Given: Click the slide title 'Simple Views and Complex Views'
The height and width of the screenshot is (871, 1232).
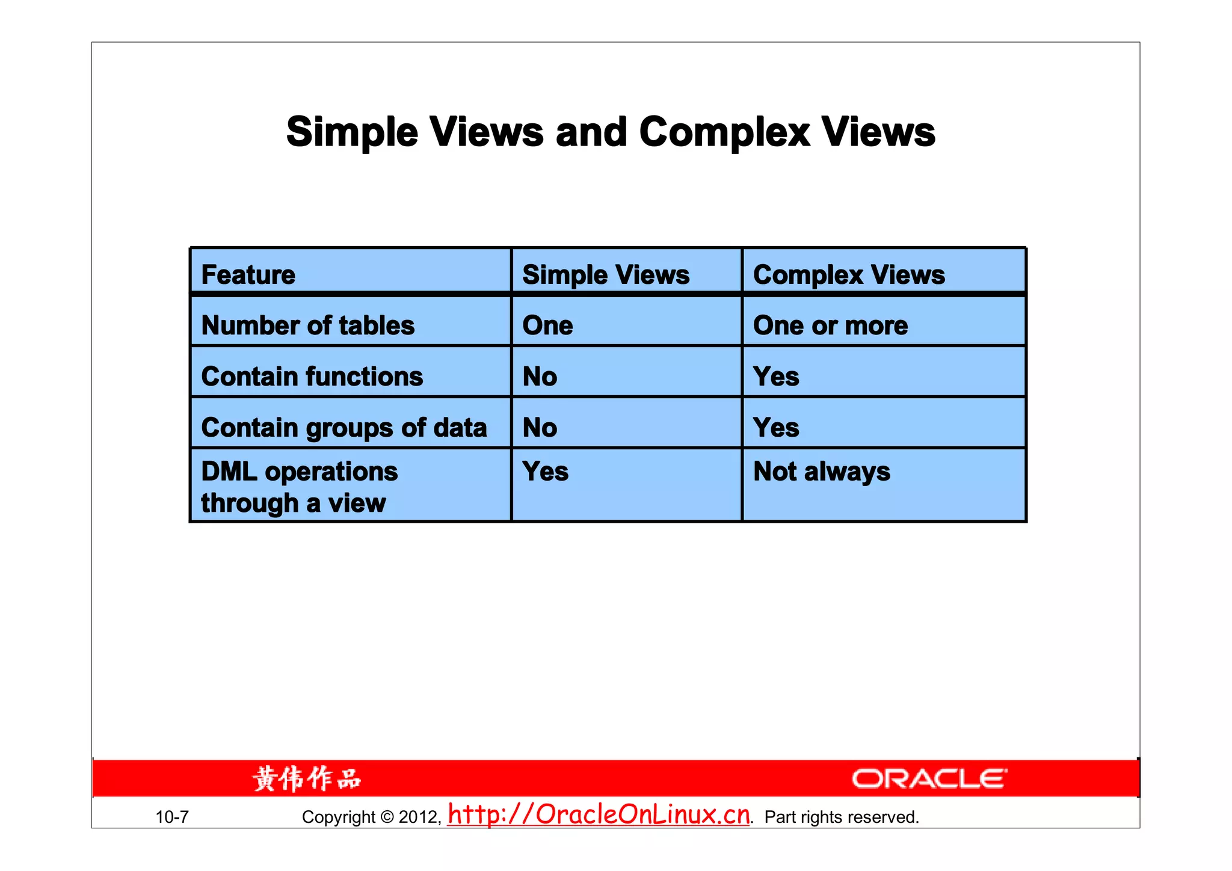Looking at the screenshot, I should pos(611,132).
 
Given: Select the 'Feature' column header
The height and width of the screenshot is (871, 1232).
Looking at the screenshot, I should pos(248,275).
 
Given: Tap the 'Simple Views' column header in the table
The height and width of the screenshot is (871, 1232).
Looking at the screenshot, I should pos(606,275).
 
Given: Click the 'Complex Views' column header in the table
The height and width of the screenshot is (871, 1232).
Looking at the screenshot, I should pos(849,275).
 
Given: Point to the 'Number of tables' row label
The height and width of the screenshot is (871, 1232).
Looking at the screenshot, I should pos(308,325).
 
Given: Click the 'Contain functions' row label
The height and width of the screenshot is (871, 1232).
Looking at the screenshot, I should pos(312,377).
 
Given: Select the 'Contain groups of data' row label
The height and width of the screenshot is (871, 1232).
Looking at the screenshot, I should pos(344,428).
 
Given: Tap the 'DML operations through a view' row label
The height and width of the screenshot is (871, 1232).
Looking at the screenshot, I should pos(299,487).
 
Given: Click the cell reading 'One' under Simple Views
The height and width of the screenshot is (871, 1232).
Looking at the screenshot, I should pos(547,325).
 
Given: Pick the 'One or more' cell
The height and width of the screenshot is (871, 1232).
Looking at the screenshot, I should pos(830,325).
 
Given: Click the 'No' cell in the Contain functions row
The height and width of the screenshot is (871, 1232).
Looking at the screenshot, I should pos(540,377).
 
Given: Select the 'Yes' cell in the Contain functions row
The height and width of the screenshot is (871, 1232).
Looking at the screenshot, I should pos(776,377).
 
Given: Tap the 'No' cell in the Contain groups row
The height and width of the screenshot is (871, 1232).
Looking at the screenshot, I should pos(540,428).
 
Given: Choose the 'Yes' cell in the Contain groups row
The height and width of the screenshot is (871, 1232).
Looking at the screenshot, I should pos(776,428).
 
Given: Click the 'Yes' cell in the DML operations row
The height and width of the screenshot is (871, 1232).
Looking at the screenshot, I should pos(545,472).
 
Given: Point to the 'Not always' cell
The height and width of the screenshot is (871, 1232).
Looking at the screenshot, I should pos(822,472).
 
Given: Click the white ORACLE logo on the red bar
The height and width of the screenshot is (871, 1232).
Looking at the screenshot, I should pos(929,779).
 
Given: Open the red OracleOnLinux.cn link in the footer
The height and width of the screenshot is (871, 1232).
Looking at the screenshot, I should pos(599,814).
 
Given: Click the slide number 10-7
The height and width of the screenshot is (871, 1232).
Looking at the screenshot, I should pos(172,817).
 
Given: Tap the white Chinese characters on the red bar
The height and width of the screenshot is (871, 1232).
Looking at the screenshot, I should pos(307,779).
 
